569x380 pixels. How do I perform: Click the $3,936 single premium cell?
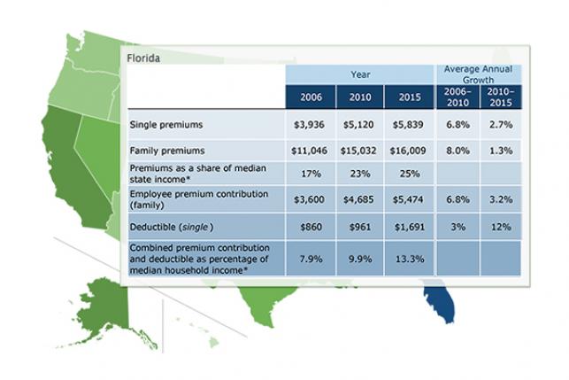tap(310, 125)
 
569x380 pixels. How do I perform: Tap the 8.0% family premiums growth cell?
tap(457, 150)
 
